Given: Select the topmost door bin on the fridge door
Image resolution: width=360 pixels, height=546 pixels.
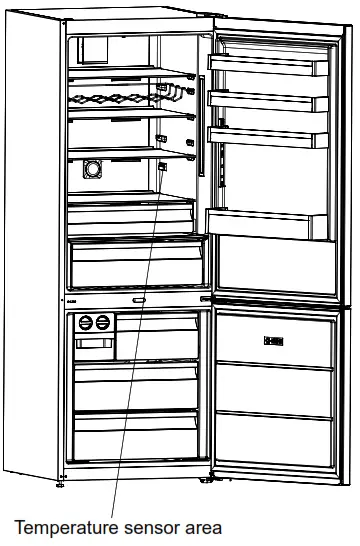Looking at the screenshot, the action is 268,65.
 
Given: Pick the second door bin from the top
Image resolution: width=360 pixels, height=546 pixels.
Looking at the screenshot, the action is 268,99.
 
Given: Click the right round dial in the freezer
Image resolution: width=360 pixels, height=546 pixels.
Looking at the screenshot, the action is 101,323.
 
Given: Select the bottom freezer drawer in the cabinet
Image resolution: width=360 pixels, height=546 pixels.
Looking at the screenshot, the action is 140,432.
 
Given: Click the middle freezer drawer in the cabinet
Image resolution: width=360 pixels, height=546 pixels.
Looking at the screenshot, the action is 140,385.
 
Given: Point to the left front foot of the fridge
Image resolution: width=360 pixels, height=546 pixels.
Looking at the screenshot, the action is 61,486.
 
